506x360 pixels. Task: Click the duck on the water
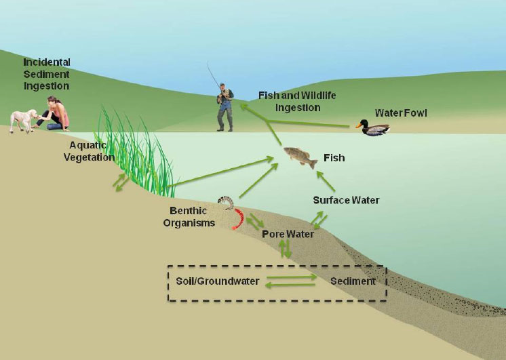point(372,127)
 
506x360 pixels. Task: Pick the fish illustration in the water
point(300,158)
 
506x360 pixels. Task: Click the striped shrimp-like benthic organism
point(225,202)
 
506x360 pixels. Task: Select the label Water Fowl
point(402,113)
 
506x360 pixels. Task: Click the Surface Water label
point(346,200)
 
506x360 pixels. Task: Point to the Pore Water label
point(288,235)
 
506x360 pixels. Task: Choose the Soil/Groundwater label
point(218,281)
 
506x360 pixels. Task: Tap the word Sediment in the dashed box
point(353,281)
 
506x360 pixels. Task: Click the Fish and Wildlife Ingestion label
point(297,101)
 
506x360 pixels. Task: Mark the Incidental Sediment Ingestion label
point(46,74)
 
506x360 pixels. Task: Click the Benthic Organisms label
point(189,217)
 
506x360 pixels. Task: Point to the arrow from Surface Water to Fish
point(326,181)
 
